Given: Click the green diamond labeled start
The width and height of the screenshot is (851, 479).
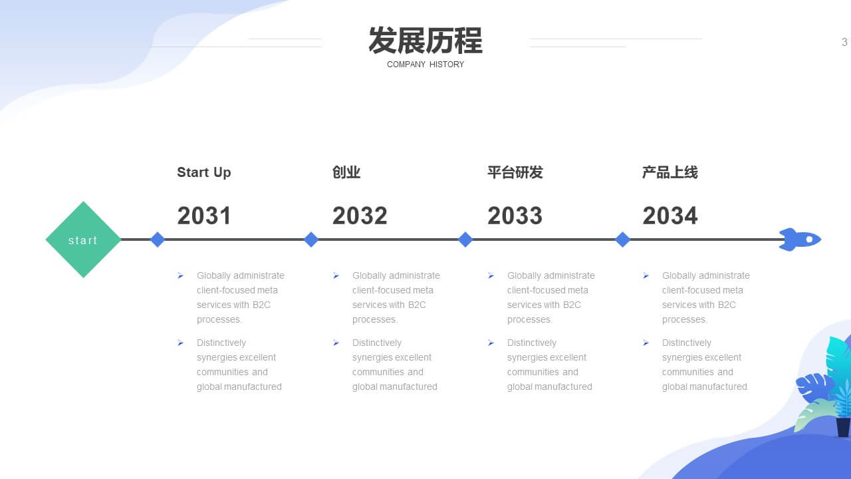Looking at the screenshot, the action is tap(83, 239).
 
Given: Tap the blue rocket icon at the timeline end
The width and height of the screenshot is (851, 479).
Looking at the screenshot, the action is tap(800, 239).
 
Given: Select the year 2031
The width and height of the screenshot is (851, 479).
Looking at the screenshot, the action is tap(204, 216).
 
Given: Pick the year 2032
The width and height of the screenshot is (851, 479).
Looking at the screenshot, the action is tap(360, 216).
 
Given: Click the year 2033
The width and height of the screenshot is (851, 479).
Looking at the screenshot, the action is tap(515, 216).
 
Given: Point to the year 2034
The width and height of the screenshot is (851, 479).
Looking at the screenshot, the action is tap(670, 216).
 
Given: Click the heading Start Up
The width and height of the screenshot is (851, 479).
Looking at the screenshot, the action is tap(204, 172).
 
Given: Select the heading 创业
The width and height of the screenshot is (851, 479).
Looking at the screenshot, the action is tap(346, 172).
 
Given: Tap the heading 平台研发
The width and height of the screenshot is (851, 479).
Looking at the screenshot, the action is tap(515, 172).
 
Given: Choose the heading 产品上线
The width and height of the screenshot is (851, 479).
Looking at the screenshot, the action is tap(670, 172).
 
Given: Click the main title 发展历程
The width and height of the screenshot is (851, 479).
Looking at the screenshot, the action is tap(425, 41).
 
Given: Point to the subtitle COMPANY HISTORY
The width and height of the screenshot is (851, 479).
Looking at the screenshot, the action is tap(425, 65).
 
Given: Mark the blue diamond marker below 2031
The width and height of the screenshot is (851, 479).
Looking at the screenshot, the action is tap(158, 239).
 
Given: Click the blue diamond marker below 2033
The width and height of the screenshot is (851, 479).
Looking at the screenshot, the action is tap(465, 239).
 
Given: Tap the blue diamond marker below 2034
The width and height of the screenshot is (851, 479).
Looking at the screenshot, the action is tap(622, 239).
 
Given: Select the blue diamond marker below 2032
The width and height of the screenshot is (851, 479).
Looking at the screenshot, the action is tap(311, 239).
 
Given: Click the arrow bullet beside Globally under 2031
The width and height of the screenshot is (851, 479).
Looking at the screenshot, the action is tap(180, 275).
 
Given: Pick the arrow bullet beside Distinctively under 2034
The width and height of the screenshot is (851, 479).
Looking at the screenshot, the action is tap(646, 343).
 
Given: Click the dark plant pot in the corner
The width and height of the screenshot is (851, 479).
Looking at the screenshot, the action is tap(844, 427).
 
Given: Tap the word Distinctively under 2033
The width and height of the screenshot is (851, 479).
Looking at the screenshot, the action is tap(531, 343).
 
